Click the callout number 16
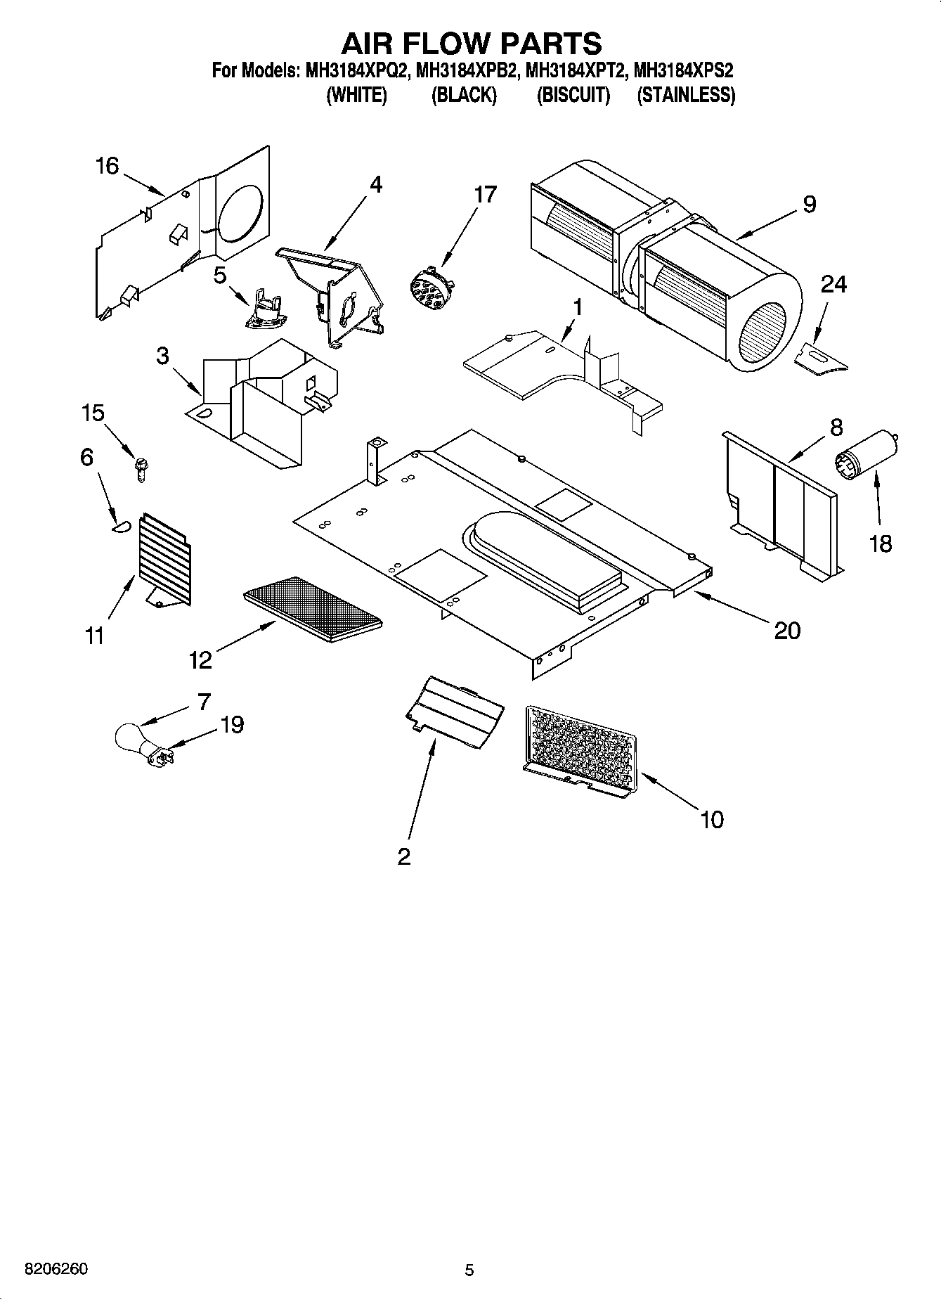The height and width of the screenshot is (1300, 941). pos(107,167)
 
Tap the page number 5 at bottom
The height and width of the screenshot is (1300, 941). pos(469,1270)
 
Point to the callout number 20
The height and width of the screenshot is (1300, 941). pos(786,631)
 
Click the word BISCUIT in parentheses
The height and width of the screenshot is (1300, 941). pos(573,96)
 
